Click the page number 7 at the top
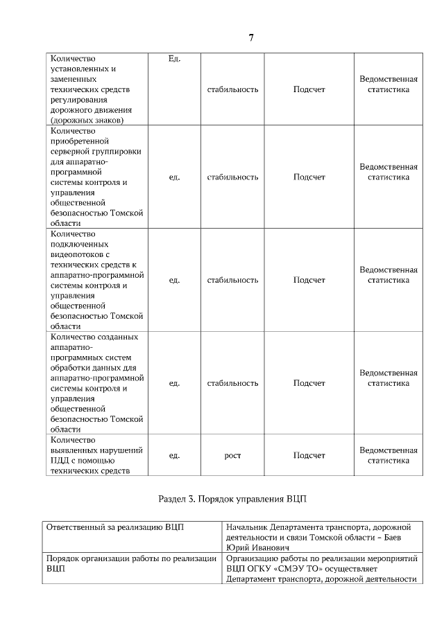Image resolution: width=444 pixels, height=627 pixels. (x=250, y=37)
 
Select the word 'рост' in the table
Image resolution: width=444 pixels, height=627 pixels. (x=232, y=455)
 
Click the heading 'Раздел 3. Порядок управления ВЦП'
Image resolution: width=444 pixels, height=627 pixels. (x=232, y=499)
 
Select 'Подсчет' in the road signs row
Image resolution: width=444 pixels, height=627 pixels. (x=309, y=89)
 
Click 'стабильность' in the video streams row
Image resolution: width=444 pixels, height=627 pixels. (x=232, y=280)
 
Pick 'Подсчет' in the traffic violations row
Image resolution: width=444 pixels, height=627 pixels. (x=309, y=455)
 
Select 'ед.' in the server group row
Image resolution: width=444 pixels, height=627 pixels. (x=174, y=177)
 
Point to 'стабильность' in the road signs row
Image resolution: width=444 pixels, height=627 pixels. (x=232, y=89)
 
